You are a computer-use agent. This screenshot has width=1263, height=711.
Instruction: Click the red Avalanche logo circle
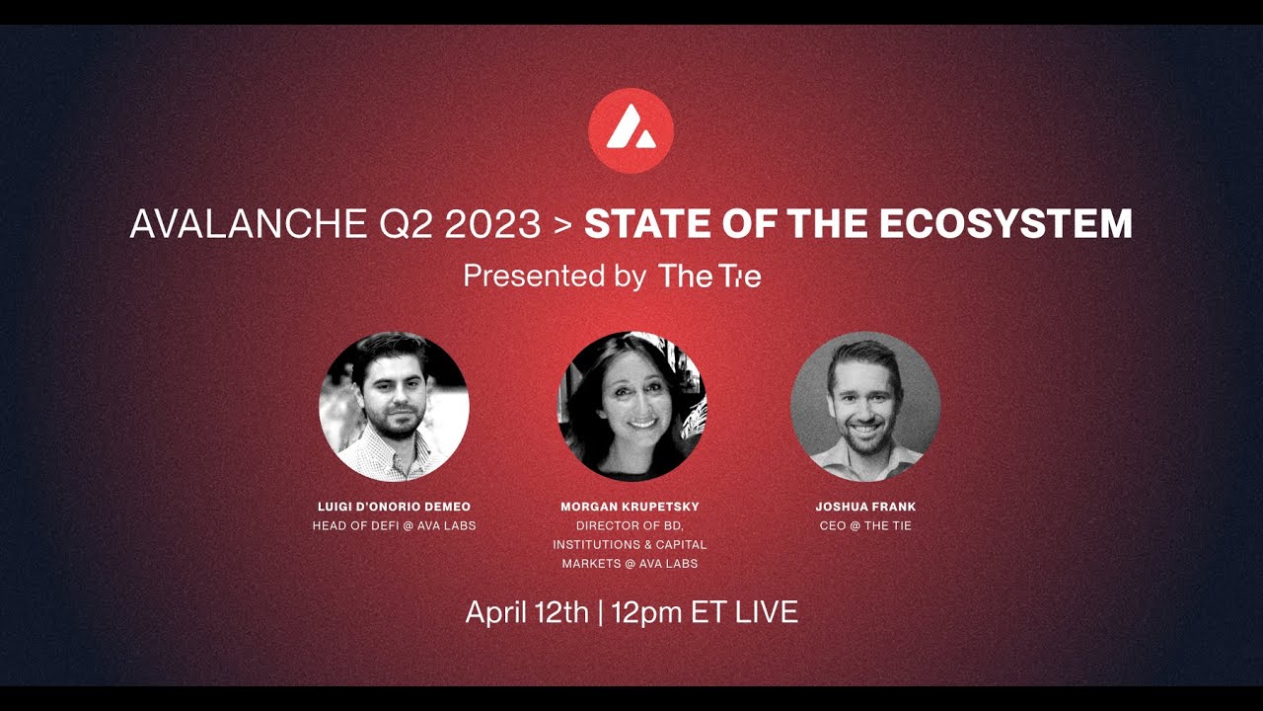(631, 130)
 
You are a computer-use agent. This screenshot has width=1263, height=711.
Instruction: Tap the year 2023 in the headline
(492, 224)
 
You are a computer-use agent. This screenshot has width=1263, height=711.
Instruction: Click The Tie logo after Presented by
(709, 276)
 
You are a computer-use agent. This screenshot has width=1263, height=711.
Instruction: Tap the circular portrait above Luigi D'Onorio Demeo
(394, 406)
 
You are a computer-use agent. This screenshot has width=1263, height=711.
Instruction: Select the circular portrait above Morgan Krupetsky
(631, 406)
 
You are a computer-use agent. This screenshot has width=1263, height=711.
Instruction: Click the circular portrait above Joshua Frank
(865, 406)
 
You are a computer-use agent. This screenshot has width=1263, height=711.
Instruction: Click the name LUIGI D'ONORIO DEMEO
(394, 507)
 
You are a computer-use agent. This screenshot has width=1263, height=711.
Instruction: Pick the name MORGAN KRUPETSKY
(630, 507)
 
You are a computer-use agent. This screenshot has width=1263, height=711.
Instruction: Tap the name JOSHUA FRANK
(865, 507)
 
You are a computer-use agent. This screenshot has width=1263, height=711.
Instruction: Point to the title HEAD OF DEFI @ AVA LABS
(394, 525)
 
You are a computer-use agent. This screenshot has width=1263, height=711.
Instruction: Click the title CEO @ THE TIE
(865, 525)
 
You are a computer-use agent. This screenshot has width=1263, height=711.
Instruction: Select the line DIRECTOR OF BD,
(630, 525)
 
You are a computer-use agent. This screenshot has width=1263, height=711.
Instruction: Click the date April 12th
(527, 612)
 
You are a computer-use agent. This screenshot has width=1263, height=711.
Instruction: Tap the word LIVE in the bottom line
(767, 612)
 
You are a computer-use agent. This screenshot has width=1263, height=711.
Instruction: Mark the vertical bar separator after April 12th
(600, 612)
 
